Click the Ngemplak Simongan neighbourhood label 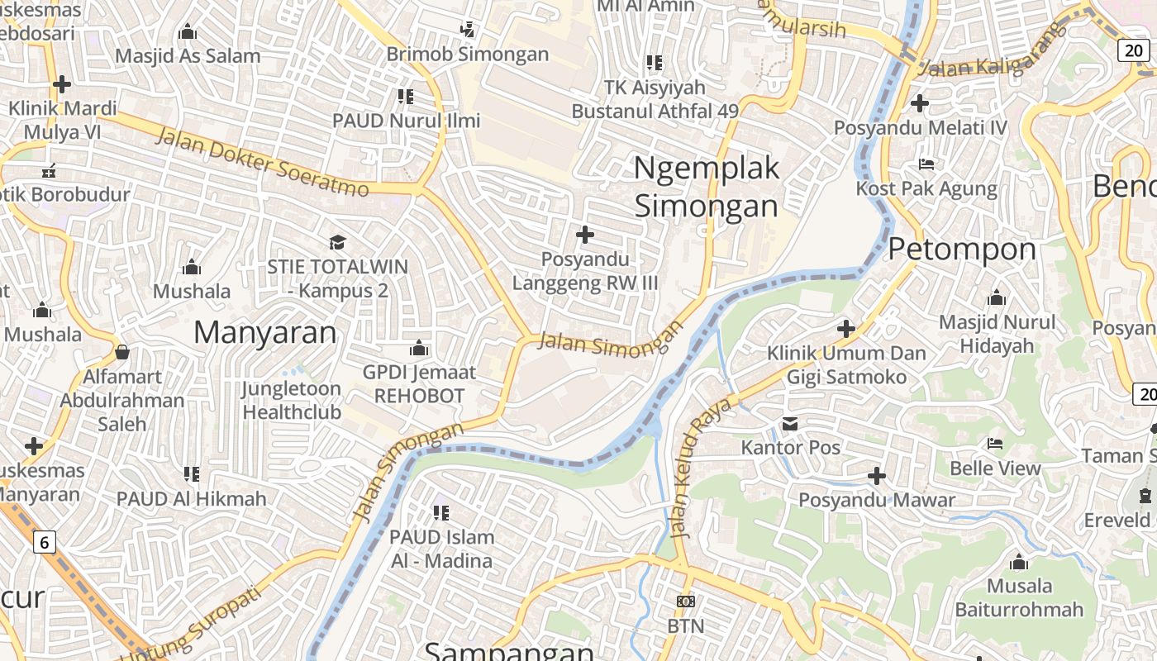click(706, 187)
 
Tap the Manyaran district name click(265, 332)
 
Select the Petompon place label click(962, 249)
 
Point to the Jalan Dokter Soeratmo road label click(262, 162)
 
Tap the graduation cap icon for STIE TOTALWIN click(337, 242)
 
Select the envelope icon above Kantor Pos click(790, 424)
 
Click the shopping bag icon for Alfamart click(122, 352)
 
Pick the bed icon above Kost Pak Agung click(926, 164)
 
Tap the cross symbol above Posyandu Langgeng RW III click(585, 235)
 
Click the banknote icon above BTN click(686, 602)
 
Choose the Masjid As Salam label click(188, 56)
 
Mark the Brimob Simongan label click(468, 55)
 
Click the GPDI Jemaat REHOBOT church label click(419, 384)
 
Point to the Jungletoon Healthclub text click(292, 400)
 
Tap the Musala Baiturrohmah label click(1019, 598)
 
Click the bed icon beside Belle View click(995, 444)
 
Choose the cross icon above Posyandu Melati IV click(920, 103)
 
